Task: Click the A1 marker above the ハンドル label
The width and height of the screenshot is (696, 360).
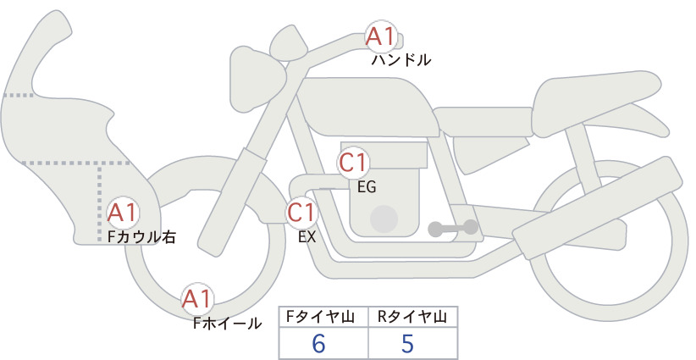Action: (x=382, y=36)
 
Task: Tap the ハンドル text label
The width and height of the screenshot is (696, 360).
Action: (x=400, y=60)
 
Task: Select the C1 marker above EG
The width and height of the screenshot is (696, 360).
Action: (x=354, y=163)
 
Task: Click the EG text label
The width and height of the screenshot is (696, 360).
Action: (x=367, y=187)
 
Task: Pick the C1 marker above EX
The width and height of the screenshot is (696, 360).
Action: (x=301, y=212)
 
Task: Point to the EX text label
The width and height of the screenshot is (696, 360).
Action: (x=307, y=237)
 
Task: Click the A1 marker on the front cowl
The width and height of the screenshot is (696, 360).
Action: (x=123, y=213)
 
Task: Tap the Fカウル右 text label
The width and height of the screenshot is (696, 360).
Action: (x=142, y=237)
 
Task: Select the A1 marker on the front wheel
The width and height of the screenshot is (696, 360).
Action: (x=197, y=299)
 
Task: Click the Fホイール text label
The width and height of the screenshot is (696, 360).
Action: (x=228, y=324)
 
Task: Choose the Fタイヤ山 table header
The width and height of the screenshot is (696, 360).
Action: (x=320, y=317)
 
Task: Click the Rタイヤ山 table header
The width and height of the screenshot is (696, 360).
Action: (x=412, y=317)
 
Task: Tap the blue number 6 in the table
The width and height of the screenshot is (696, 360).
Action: (x=318, y=343)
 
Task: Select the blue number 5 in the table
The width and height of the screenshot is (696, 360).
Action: (x=407, y=343)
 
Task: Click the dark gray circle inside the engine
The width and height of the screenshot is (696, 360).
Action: (x=384, y=219)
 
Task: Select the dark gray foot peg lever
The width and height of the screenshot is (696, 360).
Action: (x=453, y=228)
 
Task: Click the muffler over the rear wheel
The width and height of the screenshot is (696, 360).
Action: (x=597, y=207)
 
